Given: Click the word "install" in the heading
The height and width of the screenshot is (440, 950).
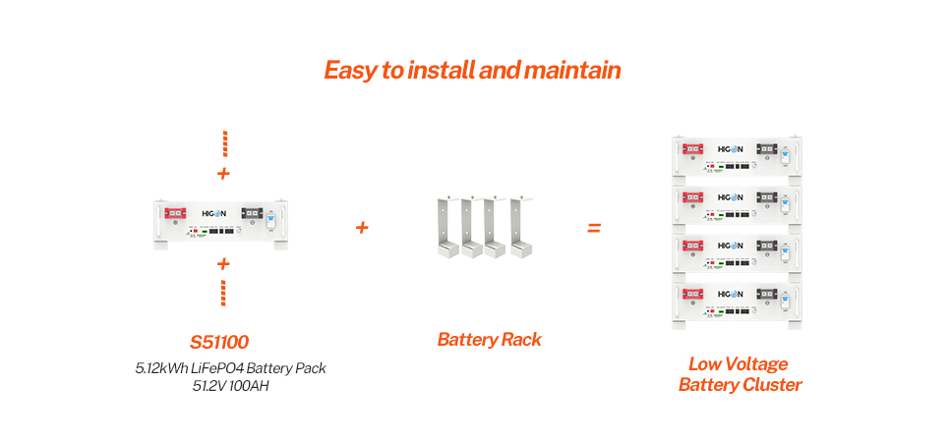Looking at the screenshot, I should (x=437, y=71).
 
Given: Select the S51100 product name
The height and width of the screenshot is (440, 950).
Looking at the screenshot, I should (x=219, y=343).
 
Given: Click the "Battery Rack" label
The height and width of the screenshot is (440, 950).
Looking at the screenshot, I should (x=490, y=340).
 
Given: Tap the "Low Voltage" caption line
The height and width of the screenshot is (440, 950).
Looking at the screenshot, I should (x=739, y=364).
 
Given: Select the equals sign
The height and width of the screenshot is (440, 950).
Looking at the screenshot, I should (x=594, y=228).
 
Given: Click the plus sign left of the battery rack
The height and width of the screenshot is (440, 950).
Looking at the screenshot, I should (x=362, y=228).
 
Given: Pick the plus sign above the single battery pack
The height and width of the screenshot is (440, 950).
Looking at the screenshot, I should (x=223, y=174).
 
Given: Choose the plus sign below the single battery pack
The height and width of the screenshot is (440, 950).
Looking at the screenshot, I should (x=223, y=263).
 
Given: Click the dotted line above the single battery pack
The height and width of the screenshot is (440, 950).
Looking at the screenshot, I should (x=224, y=143).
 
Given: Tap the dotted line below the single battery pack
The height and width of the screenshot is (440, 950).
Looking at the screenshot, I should (x=224, y=293).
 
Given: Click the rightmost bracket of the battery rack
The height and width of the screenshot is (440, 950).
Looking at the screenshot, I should (x=517, y=226).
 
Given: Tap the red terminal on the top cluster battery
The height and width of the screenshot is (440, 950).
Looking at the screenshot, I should (x=695, y=149).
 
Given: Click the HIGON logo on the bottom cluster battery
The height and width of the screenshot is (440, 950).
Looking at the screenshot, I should (x=731, y=293).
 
